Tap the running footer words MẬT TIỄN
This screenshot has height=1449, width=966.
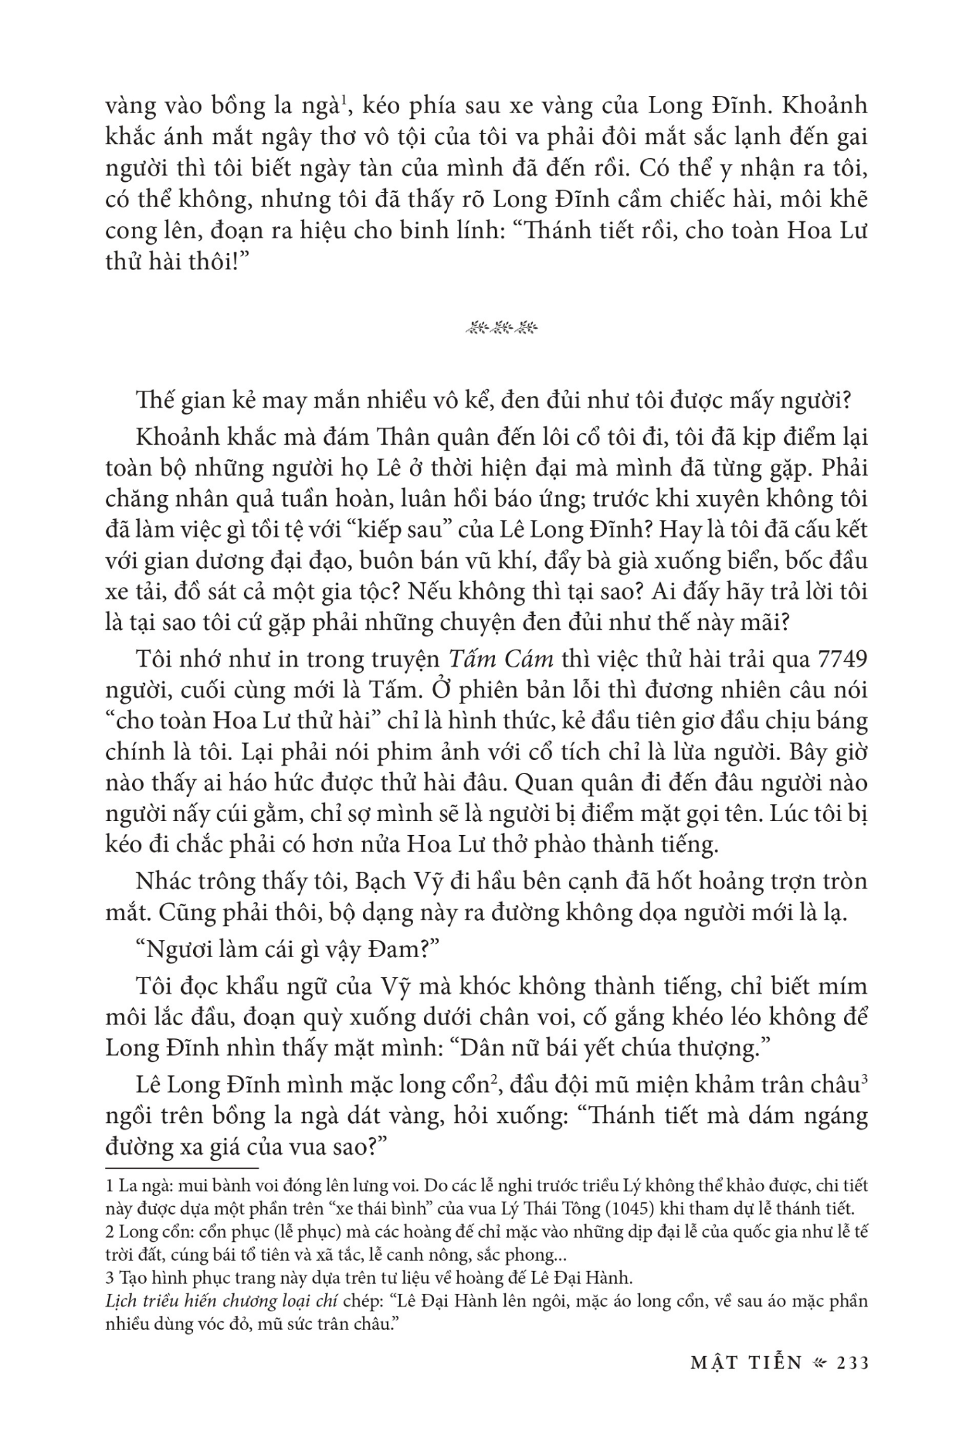(747, 1364)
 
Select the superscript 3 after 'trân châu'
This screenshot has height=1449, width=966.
(864, 1079)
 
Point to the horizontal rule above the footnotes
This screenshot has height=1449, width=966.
(182, 1168)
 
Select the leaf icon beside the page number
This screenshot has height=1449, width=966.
(822, 1364)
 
